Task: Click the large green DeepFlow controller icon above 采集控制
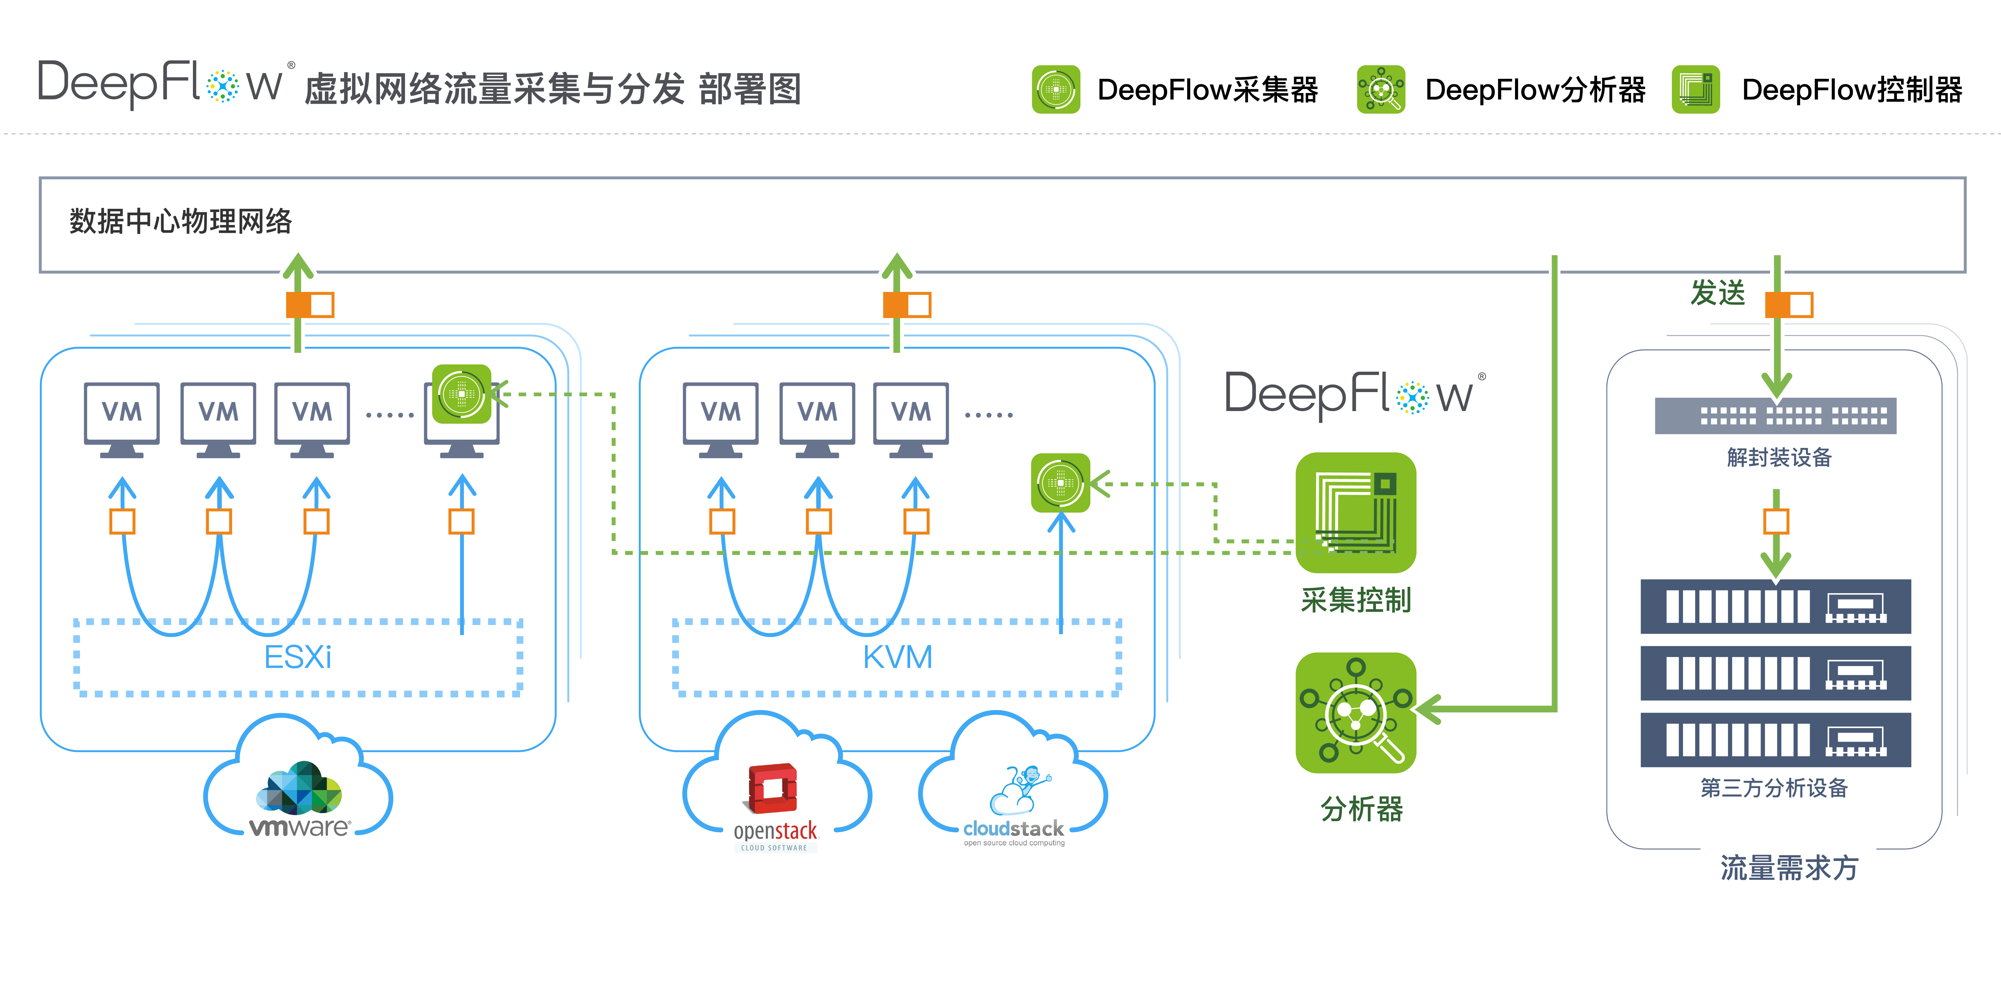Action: coord(1355,513)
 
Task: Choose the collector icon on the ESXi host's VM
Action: coord(461,394)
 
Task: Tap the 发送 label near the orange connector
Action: coord(1717,293)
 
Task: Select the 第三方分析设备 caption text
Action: coord(1773,788)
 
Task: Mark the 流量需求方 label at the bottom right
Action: coord(1789,868)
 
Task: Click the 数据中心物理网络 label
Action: coord(180,221)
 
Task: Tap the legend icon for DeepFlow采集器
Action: coord(1056,89)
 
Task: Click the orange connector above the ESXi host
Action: coord(310,305)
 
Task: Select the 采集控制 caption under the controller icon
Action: coord(1355,600)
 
